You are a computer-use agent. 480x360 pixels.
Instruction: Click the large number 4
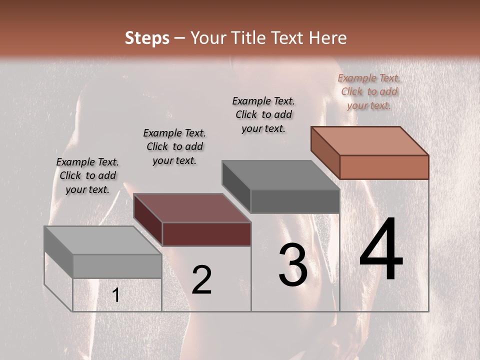381,250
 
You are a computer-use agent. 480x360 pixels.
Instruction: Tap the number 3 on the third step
293,265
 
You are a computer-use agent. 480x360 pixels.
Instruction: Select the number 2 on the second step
201,280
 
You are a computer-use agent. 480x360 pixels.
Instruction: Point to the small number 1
116,295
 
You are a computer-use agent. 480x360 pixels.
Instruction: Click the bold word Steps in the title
147,38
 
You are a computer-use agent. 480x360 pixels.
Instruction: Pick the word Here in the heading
328,38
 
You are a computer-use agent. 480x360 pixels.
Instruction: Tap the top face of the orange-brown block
370,141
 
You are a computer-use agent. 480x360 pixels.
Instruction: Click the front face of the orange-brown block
384,167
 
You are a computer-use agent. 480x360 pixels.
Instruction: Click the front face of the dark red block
206,234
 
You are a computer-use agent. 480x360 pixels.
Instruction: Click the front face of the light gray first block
117,266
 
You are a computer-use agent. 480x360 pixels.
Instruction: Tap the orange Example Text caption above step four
369,91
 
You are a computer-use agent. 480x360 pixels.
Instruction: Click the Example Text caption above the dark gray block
263,114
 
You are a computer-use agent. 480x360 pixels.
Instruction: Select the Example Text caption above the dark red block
174,146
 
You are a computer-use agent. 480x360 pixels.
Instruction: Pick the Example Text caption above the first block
87,175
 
